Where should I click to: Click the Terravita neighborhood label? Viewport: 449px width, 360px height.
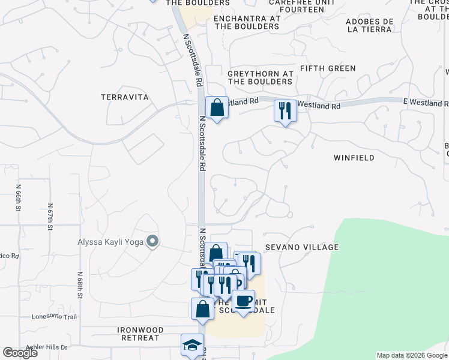point(124,97)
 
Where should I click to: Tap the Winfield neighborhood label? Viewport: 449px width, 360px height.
point(354,158)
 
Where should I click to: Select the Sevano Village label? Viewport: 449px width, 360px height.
point(302,247)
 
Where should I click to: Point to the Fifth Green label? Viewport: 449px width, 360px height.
point(328,68)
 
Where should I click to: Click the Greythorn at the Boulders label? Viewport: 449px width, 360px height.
point(260,77)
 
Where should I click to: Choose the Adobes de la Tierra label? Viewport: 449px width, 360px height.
point(370,25)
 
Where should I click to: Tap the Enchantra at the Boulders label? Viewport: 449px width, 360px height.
point(247,22)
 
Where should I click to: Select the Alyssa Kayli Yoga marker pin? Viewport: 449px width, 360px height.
point(152,242)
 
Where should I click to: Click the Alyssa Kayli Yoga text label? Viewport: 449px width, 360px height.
point(111,242)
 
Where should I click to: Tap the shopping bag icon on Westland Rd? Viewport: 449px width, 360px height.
point(217,108)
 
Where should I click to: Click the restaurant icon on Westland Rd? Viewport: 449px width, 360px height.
point(285,110)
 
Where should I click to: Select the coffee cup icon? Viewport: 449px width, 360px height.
point(243,301)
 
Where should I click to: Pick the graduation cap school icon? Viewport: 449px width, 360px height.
point(192,345)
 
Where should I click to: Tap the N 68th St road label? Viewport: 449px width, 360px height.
point(79,284)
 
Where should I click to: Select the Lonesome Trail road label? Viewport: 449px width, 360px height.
point(55,317)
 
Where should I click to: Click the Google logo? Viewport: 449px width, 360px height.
point(20,352)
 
